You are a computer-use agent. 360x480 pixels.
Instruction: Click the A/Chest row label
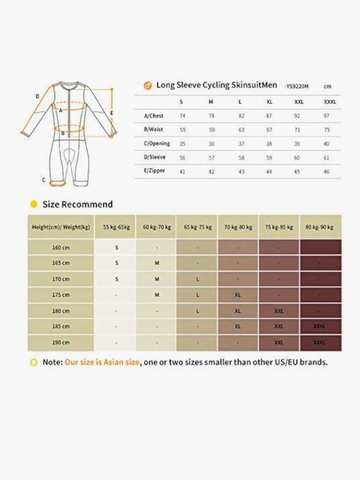pos(154,116)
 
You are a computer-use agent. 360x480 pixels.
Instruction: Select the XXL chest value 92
pos(297,116)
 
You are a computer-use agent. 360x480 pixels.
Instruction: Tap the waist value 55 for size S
pos(183,130)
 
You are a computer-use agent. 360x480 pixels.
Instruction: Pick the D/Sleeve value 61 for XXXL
pos(327,158)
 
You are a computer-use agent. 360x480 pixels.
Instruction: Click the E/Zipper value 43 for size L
pos(241,172)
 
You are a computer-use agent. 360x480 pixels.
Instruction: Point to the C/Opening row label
pos(157,144)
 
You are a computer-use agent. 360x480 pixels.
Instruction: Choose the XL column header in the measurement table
pos(269,102)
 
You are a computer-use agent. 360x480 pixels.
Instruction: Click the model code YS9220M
pos(296,86)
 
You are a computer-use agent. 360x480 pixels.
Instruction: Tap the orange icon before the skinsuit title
pos(148,86)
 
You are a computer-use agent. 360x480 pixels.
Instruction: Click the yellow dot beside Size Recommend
pos(33,204)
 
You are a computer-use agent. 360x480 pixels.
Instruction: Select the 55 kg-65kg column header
pos(116,227)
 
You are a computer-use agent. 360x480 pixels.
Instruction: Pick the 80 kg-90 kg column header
pos(320,227)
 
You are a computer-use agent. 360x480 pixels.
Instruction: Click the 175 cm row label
pos(61,295)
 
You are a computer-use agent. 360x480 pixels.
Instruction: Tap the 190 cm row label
pos(61,343)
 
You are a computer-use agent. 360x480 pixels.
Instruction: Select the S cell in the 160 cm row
pos(116,248)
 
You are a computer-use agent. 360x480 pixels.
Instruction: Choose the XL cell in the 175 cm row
pos(238,295)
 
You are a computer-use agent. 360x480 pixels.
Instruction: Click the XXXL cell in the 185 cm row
pos(319,327)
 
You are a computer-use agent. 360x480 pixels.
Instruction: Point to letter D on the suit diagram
pos(37,96)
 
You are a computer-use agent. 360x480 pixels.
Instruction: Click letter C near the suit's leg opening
pos(44,180)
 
